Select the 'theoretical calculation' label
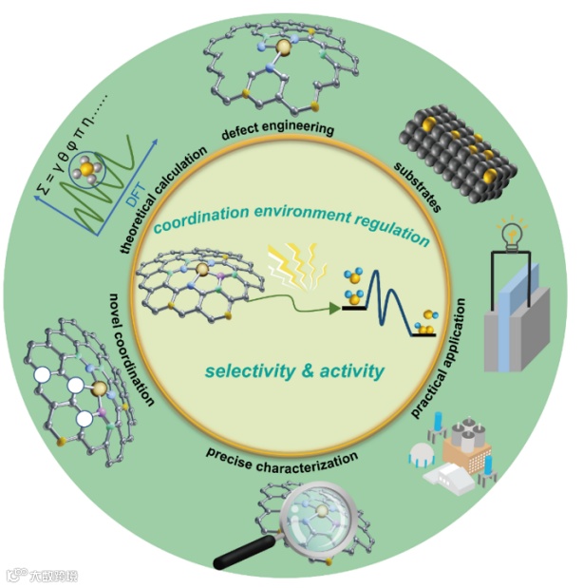[164, 200]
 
